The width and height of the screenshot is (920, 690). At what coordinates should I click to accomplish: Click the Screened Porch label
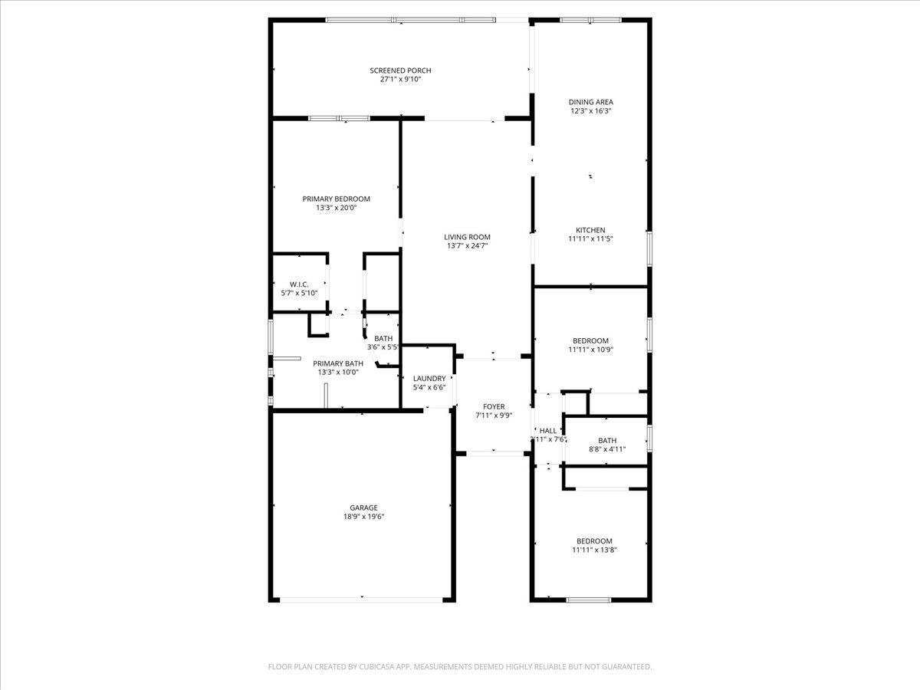(x=400, y=71)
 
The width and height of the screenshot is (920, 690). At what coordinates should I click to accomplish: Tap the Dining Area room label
(x=590, y=102)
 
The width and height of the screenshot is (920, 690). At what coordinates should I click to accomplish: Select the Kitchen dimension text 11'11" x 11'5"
(x=590, y=239)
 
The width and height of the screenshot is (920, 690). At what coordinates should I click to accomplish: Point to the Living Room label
(x=467, y=237)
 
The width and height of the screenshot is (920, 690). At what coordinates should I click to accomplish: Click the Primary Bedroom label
(x=336, y=199)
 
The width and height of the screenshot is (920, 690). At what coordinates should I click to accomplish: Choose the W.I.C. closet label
(x=299, y=284)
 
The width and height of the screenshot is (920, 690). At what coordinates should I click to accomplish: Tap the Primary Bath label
(x=338, y=363)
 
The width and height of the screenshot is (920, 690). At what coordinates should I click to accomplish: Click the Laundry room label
(x=429, y=379)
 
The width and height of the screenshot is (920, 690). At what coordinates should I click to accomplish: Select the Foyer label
(x=494, y=406)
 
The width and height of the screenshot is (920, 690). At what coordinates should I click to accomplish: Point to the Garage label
(x=363, y=508)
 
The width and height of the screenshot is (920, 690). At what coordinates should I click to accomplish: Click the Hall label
(x=548, y=431)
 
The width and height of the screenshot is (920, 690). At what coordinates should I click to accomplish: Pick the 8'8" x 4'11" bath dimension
(x=606, y=449)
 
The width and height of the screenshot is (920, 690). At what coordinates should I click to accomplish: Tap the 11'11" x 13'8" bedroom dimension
(x=594, y=550)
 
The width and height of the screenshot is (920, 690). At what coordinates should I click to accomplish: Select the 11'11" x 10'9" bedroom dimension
(x=590, y=350)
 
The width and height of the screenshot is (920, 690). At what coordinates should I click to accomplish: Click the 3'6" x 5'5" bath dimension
(x=383, y=347)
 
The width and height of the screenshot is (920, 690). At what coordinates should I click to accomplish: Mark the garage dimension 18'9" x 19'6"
(x=363, y=517)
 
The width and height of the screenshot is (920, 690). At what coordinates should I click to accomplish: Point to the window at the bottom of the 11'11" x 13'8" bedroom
(x=589, y=600)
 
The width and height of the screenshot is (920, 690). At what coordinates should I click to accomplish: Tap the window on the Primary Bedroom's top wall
(x=338, y=118)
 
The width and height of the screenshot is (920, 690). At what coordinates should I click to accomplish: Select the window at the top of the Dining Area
(x=590, y=20)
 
